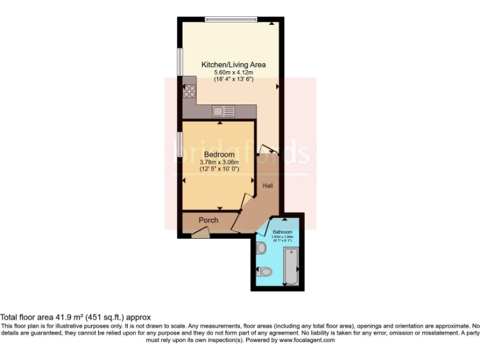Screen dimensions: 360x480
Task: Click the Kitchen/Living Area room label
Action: point(233,64)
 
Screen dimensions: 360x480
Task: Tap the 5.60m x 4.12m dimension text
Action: point(233,72)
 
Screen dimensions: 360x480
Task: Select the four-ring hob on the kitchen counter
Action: point(188,92)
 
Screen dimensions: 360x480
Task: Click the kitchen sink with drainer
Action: point(223,112)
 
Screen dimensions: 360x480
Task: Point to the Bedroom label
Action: point(219,154)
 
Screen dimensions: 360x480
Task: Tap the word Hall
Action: point(267,186)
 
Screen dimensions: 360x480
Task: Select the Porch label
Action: point(208,221)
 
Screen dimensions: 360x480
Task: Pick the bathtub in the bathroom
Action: point(291,266)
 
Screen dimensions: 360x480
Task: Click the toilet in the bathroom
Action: point(265,272)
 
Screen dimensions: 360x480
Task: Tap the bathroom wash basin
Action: point(261,248)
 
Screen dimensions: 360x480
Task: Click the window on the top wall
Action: point(231,19)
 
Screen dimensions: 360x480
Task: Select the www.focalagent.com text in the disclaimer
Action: point(306,341)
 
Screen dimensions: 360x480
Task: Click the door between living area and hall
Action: point(267,149)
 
